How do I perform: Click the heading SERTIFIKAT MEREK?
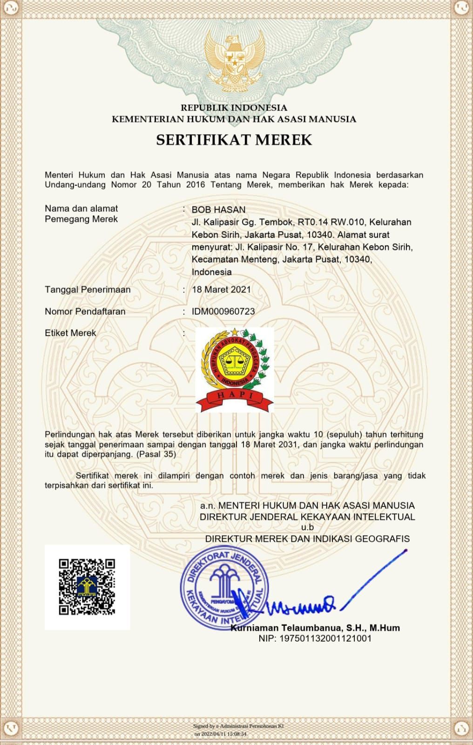click(x=234, y=140)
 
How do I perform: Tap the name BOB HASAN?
click(x=218, y=210)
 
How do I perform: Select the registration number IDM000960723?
click(x=223, y=312)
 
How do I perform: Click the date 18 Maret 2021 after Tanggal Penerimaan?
click(x=222, y=290)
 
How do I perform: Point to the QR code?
click(x=87, y=587)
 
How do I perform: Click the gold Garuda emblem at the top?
click(x=234, y=58)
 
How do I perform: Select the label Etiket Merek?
click(x=70, y=333)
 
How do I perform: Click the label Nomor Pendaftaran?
click(x=85, y=312)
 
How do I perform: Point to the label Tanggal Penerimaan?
click(x=88, y=290)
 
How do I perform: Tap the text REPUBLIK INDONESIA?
click(x=234, y=108)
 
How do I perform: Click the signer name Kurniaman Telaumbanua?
click(x=315, y=628)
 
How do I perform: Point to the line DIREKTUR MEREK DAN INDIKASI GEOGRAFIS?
click(x=307, y=539)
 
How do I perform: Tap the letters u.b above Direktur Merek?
click(x=307, y=528)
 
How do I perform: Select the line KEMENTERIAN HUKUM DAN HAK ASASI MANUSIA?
click(x=234, y=119)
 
